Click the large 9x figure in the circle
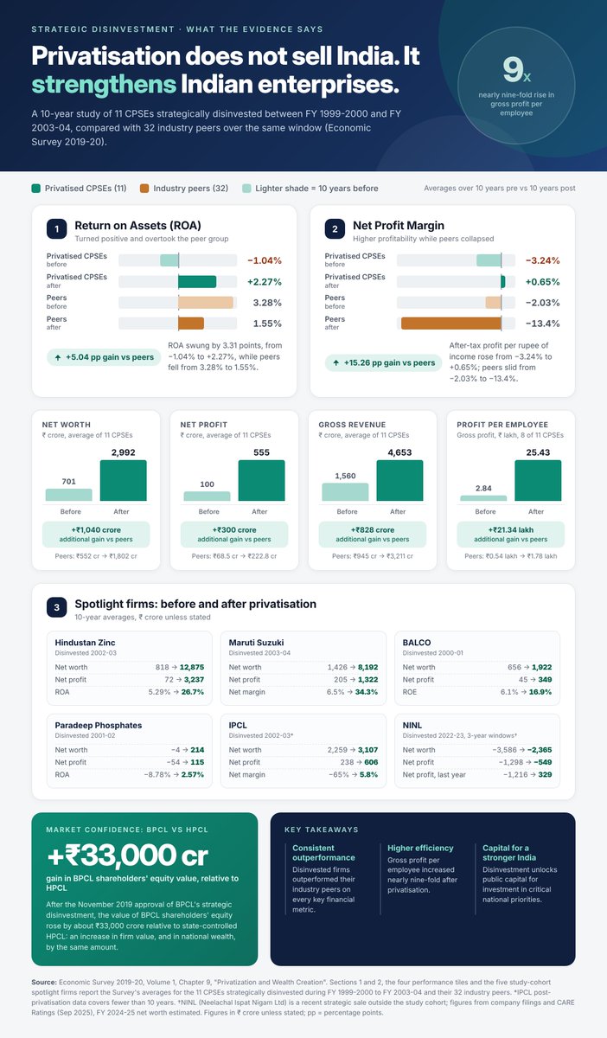517,70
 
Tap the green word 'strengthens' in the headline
104,85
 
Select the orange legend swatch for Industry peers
144,189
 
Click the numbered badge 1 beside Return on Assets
56,229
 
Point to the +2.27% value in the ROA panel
264,282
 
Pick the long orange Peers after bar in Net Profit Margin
450,324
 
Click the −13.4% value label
542,324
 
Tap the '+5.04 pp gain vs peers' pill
104,357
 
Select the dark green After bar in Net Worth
124,480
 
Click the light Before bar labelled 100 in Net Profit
207,496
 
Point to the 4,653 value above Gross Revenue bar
399,452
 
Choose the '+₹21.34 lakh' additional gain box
511,535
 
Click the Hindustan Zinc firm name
85,643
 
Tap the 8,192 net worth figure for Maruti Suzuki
367,667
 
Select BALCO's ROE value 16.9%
540,692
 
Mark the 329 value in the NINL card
545,774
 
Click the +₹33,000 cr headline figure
127,855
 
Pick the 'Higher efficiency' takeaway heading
420,848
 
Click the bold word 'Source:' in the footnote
44,982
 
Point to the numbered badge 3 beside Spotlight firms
56,607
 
